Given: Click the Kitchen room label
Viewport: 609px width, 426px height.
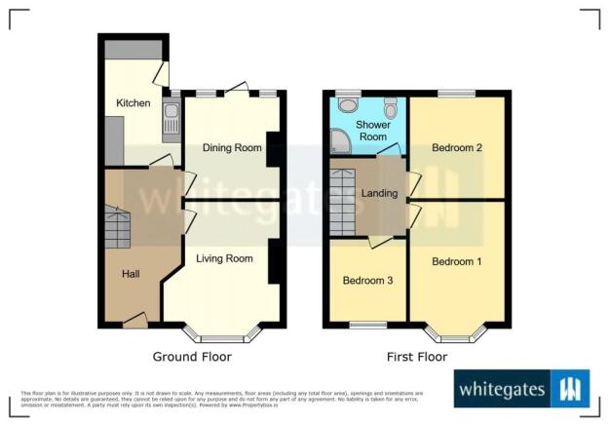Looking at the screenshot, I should (x=132, y=102).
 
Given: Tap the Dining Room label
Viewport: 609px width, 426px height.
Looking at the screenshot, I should (x=232, y=148).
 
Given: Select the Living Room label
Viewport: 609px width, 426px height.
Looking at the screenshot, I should (x=224, y=259).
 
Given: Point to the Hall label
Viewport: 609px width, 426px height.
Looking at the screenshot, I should (x=131, y=274).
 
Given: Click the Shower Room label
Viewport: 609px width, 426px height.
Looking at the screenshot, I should (x=372, y=132).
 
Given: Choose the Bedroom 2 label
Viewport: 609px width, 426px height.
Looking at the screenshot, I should (x=458, y=148).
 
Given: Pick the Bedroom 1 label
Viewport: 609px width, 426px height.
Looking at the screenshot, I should (x=457, y=262).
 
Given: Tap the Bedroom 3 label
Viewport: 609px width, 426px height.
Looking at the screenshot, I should (x=367, y=281).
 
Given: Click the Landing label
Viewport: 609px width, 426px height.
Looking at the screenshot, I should (x=379, y=193).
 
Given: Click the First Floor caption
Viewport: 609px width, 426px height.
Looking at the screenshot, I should (x=417, y=357).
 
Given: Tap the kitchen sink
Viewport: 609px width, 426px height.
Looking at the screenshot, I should (x=171, y=120).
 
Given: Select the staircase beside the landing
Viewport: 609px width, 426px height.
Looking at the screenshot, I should (x=342, y=201).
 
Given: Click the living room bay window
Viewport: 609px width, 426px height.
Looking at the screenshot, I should (x=224, y=336).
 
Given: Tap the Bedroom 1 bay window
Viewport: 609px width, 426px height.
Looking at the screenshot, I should (x=457, y=336).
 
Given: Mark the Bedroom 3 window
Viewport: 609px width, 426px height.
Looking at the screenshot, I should (x=367, y=324).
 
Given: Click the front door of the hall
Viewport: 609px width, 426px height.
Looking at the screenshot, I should (x=134, y=319).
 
